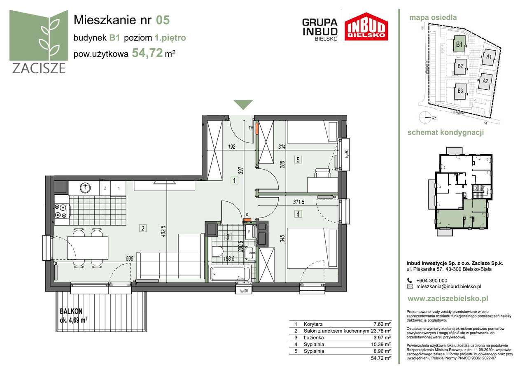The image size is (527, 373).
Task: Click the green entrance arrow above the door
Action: tap(244, 105)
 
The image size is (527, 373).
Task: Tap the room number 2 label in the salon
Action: tap(142, 228)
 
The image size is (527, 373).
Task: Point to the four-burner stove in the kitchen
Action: tap(61, 211)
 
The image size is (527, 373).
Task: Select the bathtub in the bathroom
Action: tap(229, 274)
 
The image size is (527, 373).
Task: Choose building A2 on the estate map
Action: tap(485, 81)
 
